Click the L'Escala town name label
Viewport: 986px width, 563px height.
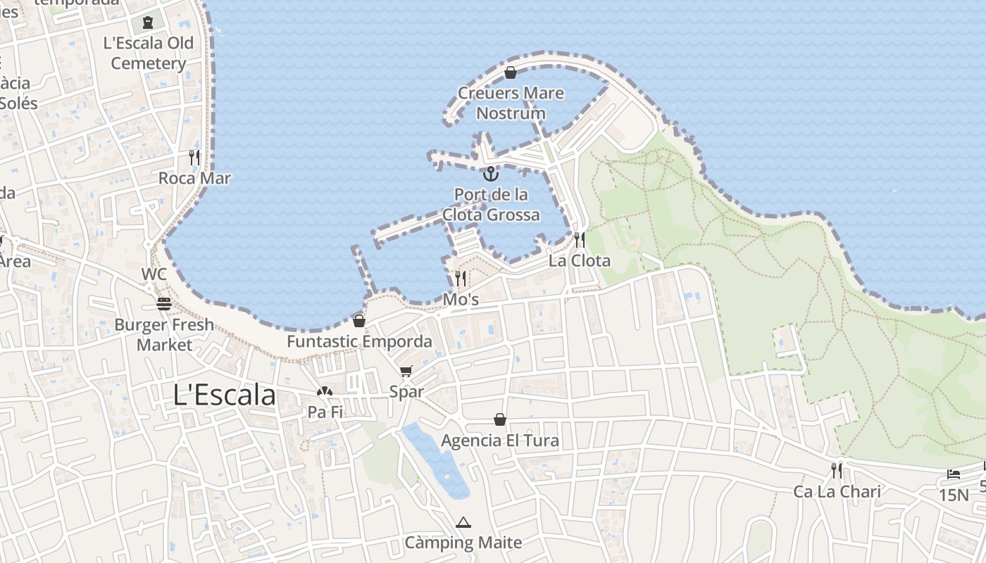click(x=225, y=396)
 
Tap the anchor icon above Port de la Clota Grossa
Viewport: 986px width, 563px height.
click(x=491, y=173)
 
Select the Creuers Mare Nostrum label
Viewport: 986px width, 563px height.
click(x=511, y=103)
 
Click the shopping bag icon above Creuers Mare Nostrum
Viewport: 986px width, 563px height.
click(x=511, y=72)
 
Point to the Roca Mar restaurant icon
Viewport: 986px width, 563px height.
click(x=194, y=157)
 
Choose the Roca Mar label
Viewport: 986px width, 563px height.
click(x=194, y=178)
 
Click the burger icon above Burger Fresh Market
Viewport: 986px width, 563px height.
click(x=164, y=304)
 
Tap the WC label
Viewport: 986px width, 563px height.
click(x=154, y=274)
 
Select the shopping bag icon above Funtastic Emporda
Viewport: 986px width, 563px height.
click(x=359, y=321)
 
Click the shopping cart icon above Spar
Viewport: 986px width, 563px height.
click(x=406, y=371)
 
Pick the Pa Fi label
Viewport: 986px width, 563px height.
click(x=325, y=412)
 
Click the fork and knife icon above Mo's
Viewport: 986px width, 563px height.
click(x=461, y=278)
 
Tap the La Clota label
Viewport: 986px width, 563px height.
click(x=580, y=260)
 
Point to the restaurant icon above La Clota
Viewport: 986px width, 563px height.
click(x=579, y=239)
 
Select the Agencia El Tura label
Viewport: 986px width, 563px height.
click(x=500, y=441)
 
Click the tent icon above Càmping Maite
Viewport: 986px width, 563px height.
click(x=463, y=522)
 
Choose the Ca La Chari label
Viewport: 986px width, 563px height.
click(x=837, y=491)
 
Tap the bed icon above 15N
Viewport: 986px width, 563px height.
click(x=954, y=474)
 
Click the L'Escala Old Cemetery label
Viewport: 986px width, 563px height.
click(x=149, y=53)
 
